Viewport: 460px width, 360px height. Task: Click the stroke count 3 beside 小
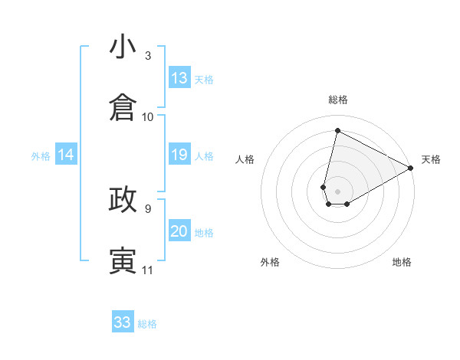[x=148, y=56]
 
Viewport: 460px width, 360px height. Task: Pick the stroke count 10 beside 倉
[x=148, y=116]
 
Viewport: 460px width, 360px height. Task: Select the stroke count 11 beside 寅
[x=148, y=270]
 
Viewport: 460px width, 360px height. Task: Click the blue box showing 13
[x=179, y=78]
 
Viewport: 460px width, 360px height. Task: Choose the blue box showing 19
[x=179, y=155]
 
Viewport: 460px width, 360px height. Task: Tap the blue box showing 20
[x=179, y=232]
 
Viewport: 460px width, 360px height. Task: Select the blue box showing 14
[x=66, y=155]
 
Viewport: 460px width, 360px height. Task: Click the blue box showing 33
[x=123, y=322]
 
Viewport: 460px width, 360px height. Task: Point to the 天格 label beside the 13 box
[x=204, y=79]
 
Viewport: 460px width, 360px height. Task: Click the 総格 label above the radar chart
[x=338, y=100]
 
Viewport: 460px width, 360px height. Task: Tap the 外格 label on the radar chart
[x=270, y=262]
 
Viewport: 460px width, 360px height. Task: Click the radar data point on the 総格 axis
[x=337, y=129]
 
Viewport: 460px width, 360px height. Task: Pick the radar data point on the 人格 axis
[x=324, y=186]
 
